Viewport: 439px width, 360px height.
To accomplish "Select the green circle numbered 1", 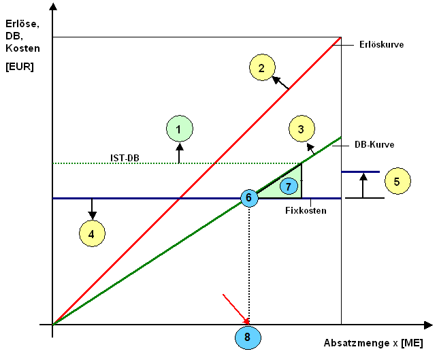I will (179, 128).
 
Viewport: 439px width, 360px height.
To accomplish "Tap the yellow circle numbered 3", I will (300, 128).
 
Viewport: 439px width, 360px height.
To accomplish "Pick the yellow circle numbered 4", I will (92, 233).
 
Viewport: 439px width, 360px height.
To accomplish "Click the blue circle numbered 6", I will (249, 198).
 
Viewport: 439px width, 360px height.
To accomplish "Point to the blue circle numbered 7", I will (289, 186).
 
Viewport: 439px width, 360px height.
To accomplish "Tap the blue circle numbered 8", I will (248, 336).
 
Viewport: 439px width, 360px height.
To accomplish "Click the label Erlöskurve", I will (382, 45).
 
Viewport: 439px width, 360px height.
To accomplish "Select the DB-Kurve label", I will (374, 144).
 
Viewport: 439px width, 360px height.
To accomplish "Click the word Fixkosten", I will (306, 211).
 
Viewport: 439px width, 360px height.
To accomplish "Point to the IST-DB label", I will (126, 158).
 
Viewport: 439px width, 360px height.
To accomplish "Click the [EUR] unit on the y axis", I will (19, 67).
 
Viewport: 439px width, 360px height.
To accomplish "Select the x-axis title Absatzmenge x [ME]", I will (373, 343).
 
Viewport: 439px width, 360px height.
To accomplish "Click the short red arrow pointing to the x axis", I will (235, 308).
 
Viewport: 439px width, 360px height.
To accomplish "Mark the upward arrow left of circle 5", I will (363, 184).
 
